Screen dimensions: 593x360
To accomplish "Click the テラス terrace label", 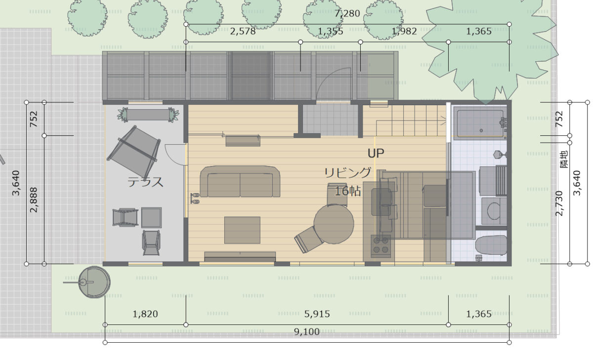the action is [145, 182].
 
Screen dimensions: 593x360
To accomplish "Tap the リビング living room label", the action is [347, 173].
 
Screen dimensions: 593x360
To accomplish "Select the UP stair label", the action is [376, 153].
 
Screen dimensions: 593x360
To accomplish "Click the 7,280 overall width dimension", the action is [347, 13].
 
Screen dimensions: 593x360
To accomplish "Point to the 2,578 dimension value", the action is [243, 31].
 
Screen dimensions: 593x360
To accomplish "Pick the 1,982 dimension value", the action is [404, 31].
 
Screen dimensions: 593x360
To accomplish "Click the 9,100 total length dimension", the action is [306, 332].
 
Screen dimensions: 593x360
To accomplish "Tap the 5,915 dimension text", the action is [317, 314].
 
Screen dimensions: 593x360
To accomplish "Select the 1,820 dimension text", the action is [145, 314].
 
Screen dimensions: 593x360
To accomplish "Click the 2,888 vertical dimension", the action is [34, 200].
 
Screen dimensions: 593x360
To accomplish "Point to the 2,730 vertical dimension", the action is [559, 203].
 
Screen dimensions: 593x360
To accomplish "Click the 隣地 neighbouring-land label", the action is [564, 159].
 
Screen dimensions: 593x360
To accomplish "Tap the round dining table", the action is [334, 224].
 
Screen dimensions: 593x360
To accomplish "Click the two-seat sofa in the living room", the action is [240, 181].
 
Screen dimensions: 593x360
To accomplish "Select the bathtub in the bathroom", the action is [480, 124].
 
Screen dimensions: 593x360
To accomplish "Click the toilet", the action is [491, 245].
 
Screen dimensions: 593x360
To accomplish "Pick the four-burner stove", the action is [381, 246].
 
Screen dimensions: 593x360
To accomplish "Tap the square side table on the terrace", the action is [151, 218].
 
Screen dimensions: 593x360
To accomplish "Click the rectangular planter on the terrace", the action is [148, 115].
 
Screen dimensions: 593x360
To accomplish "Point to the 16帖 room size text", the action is [347, 191].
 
